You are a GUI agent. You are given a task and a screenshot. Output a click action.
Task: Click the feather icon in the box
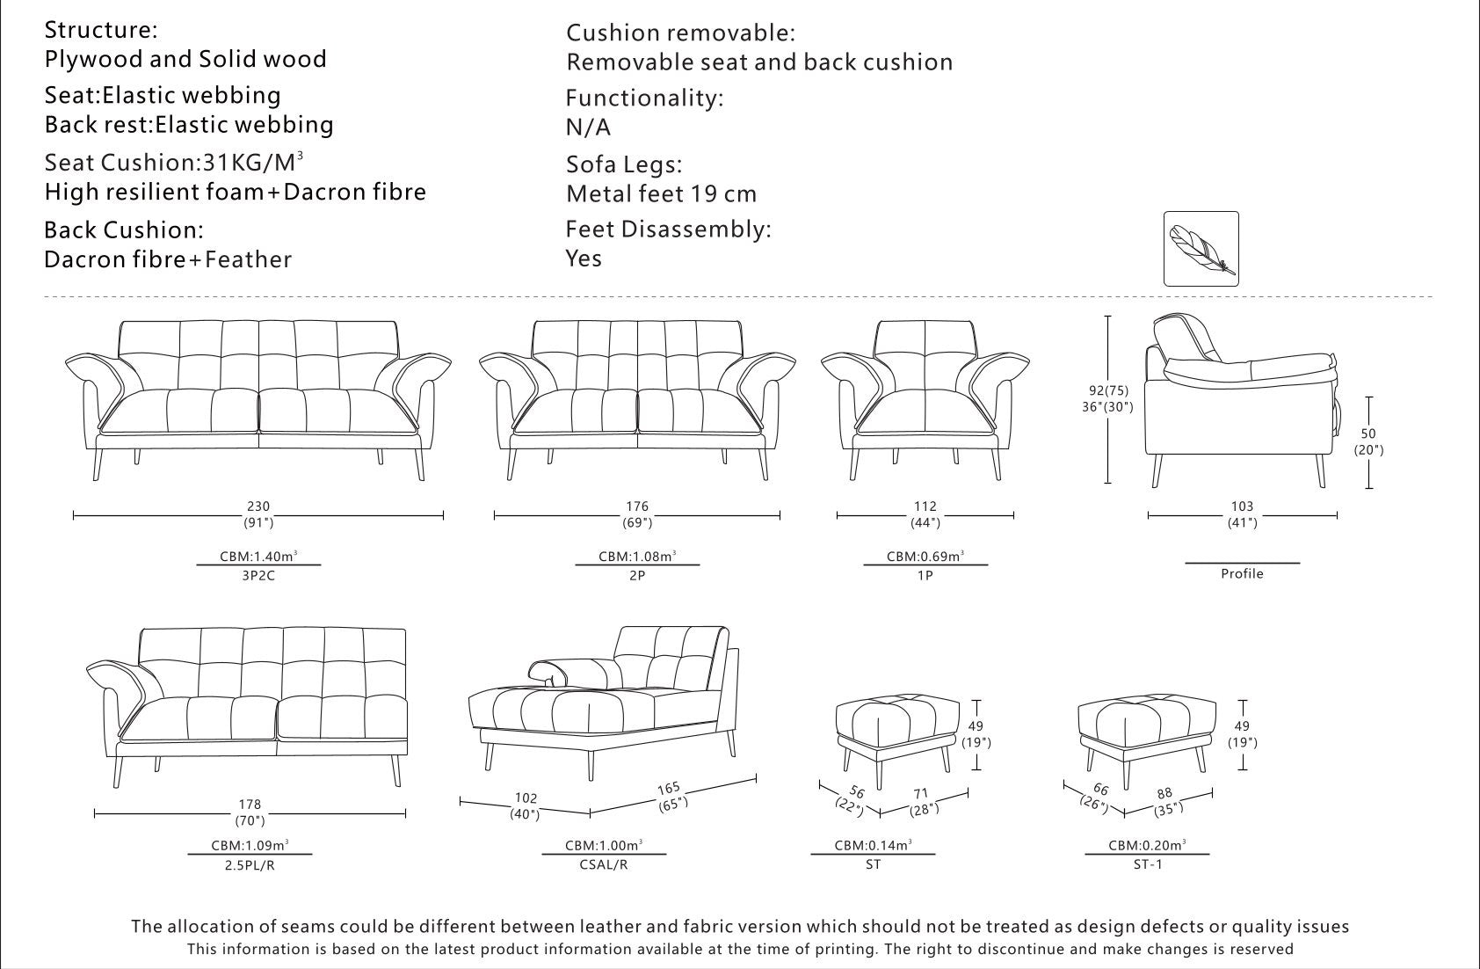(x=1201, y=249)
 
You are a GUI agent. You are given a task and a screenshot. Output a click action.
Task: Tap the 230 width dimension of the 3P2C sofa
(x=258, y=506)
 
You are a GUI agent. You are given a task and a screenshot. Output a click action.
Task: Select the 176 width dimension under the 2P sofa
(x=637, y=506)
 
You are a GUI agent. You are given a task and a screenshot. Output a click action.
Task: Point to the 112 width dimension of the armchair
(x=925, y=506)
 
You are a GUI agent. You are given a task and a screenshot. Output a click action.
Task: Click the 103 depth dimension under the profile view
(x=1242, y=506)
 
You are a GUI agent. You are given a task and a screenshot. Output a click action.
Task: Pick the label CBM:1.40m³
(x=258, y=556)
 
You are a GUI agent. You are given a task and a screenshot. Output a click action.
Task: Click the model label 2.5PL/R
(x=250, y=864)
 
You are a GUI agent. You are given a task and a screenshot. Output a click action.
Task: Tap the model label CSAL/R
(x=603, y=864)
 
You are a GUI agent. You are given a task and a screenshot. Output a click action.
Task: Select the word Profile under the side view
(x=1242, y=573)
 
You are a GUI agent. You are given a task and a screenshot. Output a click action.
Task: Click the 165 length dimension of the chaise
(x=669, y=789)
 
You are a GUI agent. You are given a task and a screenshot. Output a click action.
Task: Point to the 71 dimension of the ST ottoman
(x=921, y=794)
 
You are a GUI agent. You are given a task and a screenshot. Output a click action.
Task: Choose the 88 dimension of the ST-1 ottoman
(x=1164, y=793)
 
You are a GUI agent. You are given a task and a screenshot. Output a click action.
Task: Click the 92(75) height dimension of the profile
(x=1108, y=390)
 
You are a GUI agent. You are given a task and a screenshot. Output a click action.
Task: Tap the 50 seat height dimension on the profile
(x=1368, y=433)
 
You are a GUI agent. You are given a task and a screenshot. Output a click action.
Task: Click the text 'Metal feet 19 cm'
(x=662, y=193)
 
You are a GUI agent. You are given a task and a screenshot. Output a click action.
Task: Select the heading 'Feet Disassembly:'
(x=669, y=229)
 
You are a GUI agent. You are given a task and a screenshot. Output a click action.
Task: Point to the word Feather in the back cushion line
(x=249, y=259)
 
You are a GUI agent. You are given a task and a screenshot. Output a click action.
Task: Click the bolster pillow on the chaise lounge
(x=576, y=672)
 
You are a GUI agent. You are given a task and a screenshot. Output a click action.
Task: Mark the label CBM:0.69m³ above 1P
(x=925, y=556)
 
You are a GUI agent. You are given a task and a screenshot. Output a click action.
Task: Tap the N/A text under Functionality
(x=588, y=127)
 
